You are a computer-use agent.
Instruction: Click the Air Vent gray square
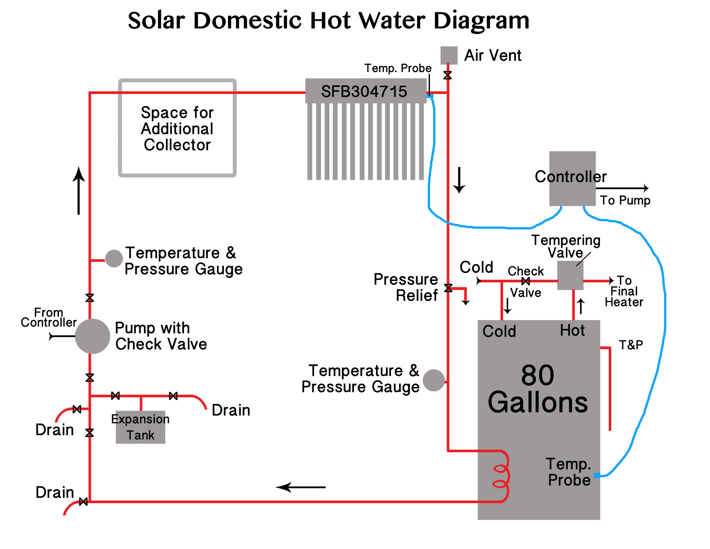coord(449,55)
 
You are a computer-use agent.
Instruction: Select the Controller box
coord(572,178)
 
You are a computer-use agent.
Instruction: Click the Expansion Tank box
coord(140,427)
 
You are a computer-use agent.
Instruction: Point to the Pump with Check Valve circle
coord(92,336)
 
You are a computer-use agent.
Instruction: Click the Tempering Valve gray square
coord(570,275)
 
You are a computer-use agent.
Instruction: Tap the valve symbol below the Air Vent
coord(447,75)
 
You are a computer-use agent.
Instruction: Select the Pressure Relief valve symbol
coord(448,288)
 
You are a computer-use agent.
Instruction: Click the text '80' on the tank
coord(537,375)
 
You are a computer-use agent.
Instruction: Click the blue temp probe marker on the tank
coord(597,476)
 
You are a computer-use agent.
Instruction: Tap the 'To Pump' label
coord(625,200)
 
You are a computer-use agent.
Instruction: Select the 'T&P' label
coord(631,345)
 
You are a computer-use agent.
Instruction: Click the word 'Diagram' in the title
coord(481,20)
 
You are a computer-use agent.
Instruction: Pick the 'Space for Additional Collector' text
coord(177,128)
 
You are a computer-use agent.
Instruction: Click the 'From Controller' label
coord(49,317)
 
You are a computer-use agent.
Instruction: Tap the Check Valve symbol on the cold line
coord(526,281)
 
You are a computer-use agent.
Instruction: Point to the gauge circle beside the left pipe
coord(114,259)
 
